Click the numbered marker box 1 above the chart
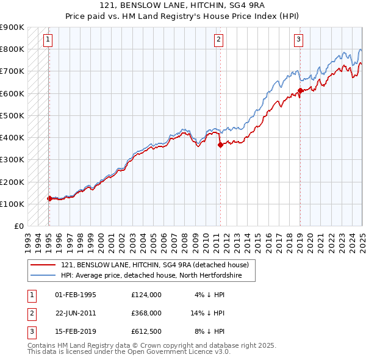(x=48, y=40)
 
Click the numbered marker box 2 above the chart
(x=218, y=40)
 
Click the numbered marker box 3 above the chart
(x=299, y=40)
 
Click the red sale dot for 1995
(x=49, y=198)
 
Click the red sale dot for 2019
(x=300, y=90)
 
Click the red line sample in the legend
(x=43, y=265)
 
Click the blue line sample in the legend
(x=43, y=276)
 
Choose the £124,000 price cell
(x=146, y=294)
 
